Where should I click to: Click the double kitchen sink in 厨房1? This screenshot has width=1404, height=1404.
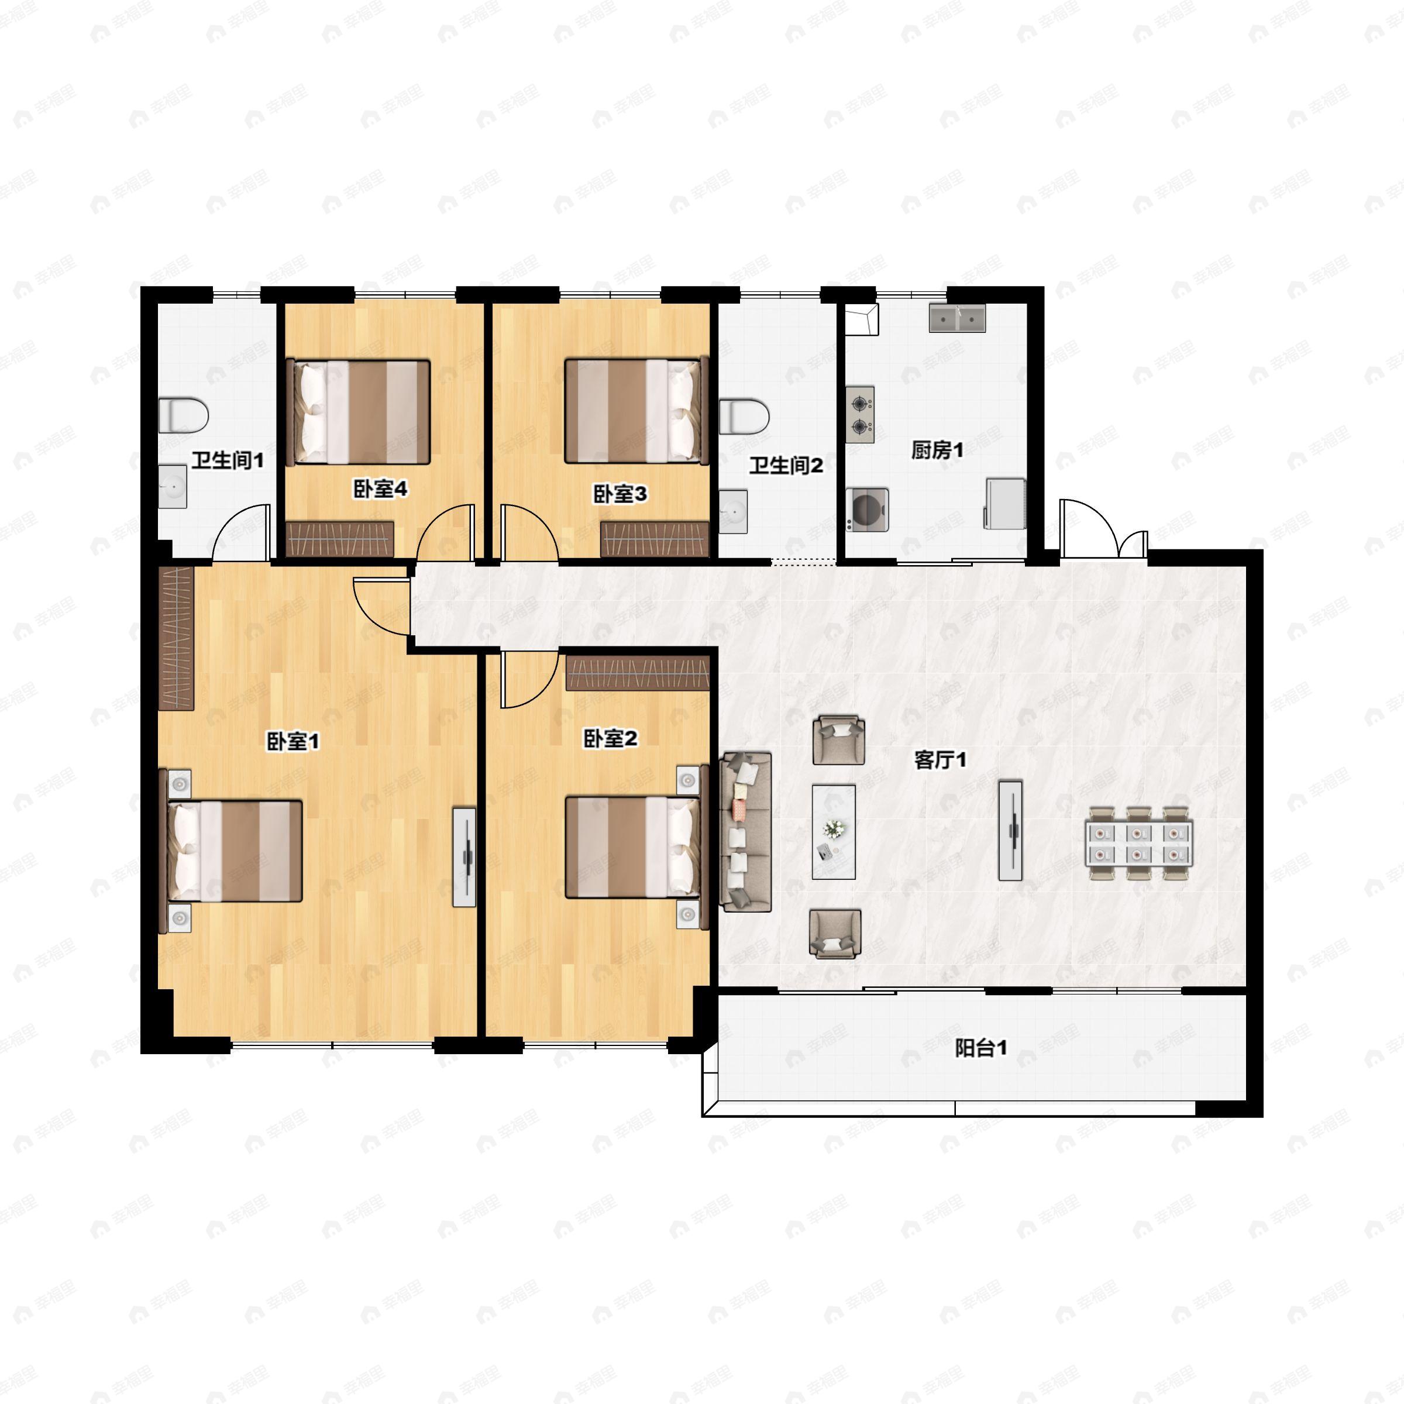pyautogui.click(x=957, y=318)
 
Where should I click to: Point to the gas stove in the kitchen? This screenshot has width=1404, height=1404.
pyautogui.click(x=861, y=415)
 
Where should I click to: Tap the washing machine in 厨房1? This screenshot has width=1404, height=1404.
pyautogui.click(x=867, y=510)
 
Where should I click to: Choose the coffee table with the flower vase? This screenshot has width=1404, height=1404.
pyautogui.click(x=834, y=831)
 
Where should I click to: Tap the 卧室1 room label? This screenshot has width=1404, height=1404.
pyautogui.click(x=294, y=742)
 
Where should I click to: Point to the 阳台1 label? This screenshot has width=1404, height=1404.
pyautogui.click(x=980, y=1048)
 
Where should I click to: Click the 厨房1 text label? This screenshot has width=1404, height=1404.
pyautogui.click(x=937, y=450)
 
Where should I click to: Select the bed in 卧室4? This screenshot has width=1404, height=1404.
pyautogui.click(x=358, y=411)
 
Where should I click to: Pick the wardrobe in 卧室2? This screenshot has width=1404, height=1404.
pyautogui.click(x=637, y=673)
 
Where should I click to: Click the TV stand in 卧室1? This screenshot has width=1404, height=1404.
pyautogui.click(x=464, y=857)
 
